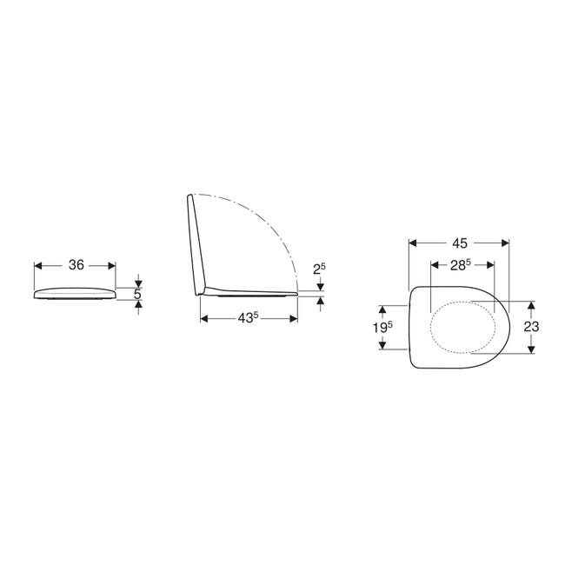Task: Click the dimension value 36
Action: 76,265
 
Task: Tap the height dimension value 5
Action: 137,295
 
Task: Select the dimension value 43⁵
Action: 248,318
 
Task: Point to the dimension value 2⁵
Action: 319,269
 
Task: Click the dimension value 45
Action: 460,243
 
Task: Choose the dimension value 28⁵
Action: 461,265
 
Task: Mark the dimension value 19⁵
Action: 382,327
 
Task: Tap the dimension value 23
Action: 531,327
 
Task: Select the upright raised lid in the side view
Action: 196,245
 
